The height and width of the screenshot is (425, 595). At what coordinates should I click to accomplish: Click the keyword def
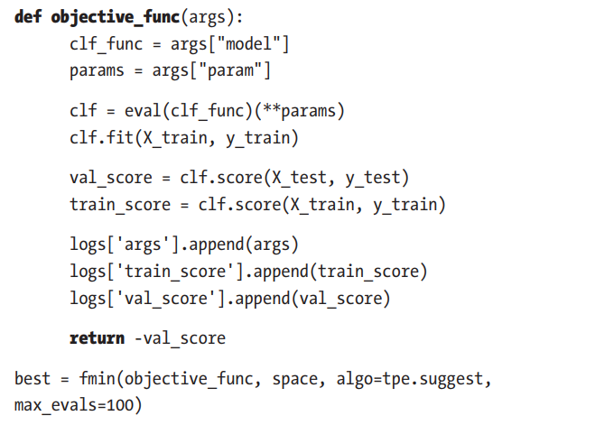30,18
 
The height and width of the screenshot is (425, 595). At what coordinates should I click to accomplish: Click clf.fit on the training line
98,137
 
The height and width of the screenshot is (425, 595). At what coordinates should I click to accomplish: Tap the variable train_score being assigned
119,205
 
